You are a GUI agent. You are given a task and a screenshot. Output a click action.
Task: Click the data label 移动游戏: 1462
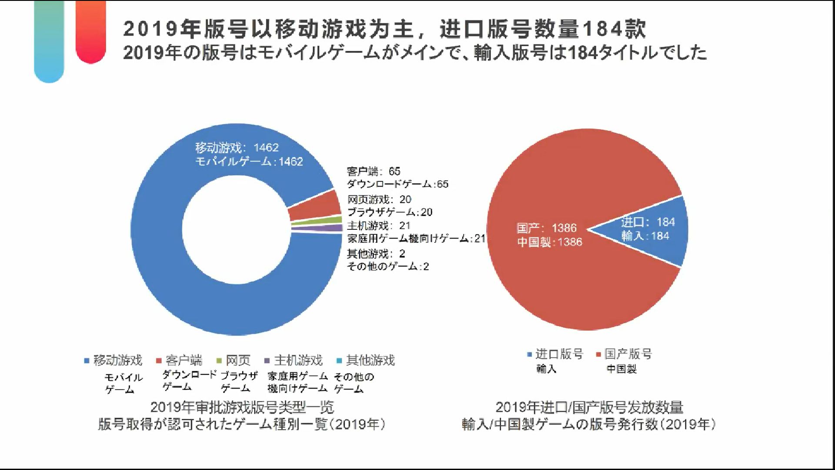(x=237, y=148)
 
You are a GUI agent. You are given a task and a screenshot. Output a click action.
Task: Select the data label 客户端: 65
(x=373, y=171)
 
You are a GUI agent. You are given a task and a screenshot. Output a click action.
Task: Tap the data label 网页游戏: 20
(x=379, y=199)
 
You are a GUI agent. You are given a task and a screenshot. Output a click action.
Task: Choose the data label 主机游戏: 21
(x=378, y=225)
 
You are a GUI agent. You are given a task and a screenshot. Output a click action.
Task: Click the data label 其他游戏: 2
(x=376, y=253)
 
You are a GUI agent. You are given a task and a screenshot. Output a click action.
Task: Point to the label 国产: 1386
(x=546, y=228)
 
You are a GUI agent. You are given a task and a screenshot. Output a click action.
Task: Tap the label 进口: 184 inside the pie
(x=648, y=222)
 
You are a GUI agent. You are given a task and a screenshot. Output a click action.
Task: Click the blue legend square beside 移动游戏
(x=87, y=361)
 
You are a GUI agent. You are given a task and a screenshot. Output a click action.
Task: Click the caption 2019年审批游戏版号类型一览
(x=242, y=407)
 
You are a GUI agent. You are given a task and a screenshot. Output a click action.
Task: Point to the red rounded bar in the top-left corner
(x=90, y=30)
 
